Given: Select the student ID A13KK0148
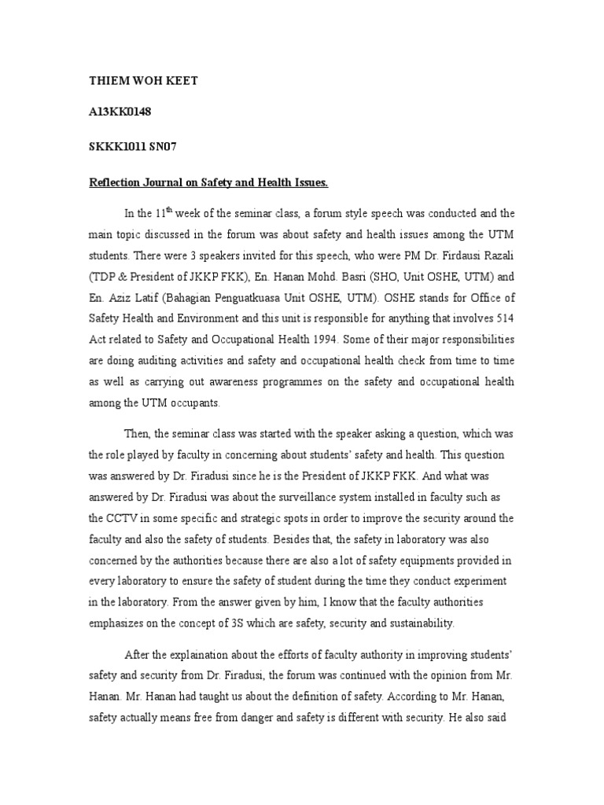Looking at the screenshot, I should tap(120, 112).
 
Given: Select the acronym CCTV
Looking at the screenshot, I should tap(107, 518).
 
